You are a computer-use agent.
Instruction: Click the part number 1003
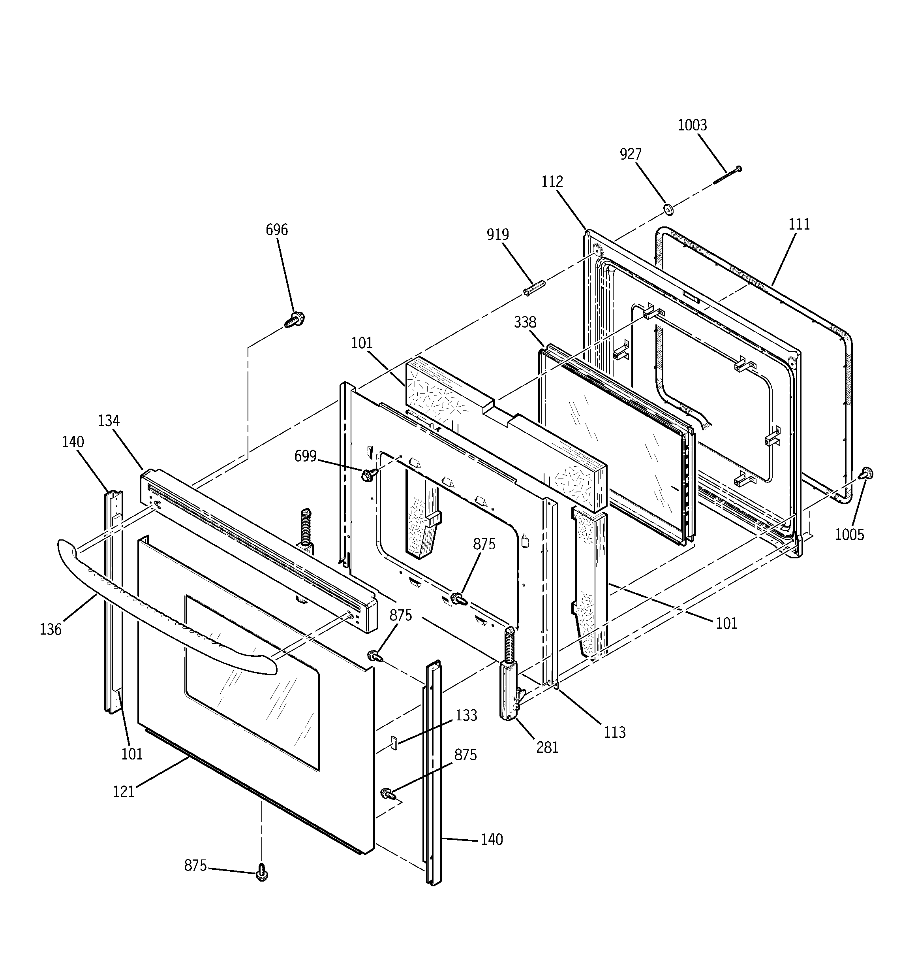692,125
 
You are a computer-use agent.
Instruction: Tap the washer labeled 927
668,209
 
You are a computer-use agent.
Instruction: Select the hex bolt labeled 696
295,319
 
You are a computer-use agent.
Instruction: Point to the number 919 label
497,235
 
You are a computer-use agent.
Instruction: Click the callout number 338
525,322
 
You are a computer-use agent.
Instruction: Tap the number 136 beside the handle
51,629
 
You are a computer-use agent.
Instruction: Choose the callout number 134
109,420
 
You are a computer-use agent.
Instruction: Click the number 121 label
124,791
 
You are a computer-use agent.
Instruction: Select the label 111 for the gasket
799,224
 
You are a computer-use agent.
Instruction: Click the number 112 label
552,181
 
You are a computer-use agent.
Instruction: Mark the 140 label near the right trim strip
492,839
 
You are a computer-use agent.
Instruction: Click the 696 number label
276,230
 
